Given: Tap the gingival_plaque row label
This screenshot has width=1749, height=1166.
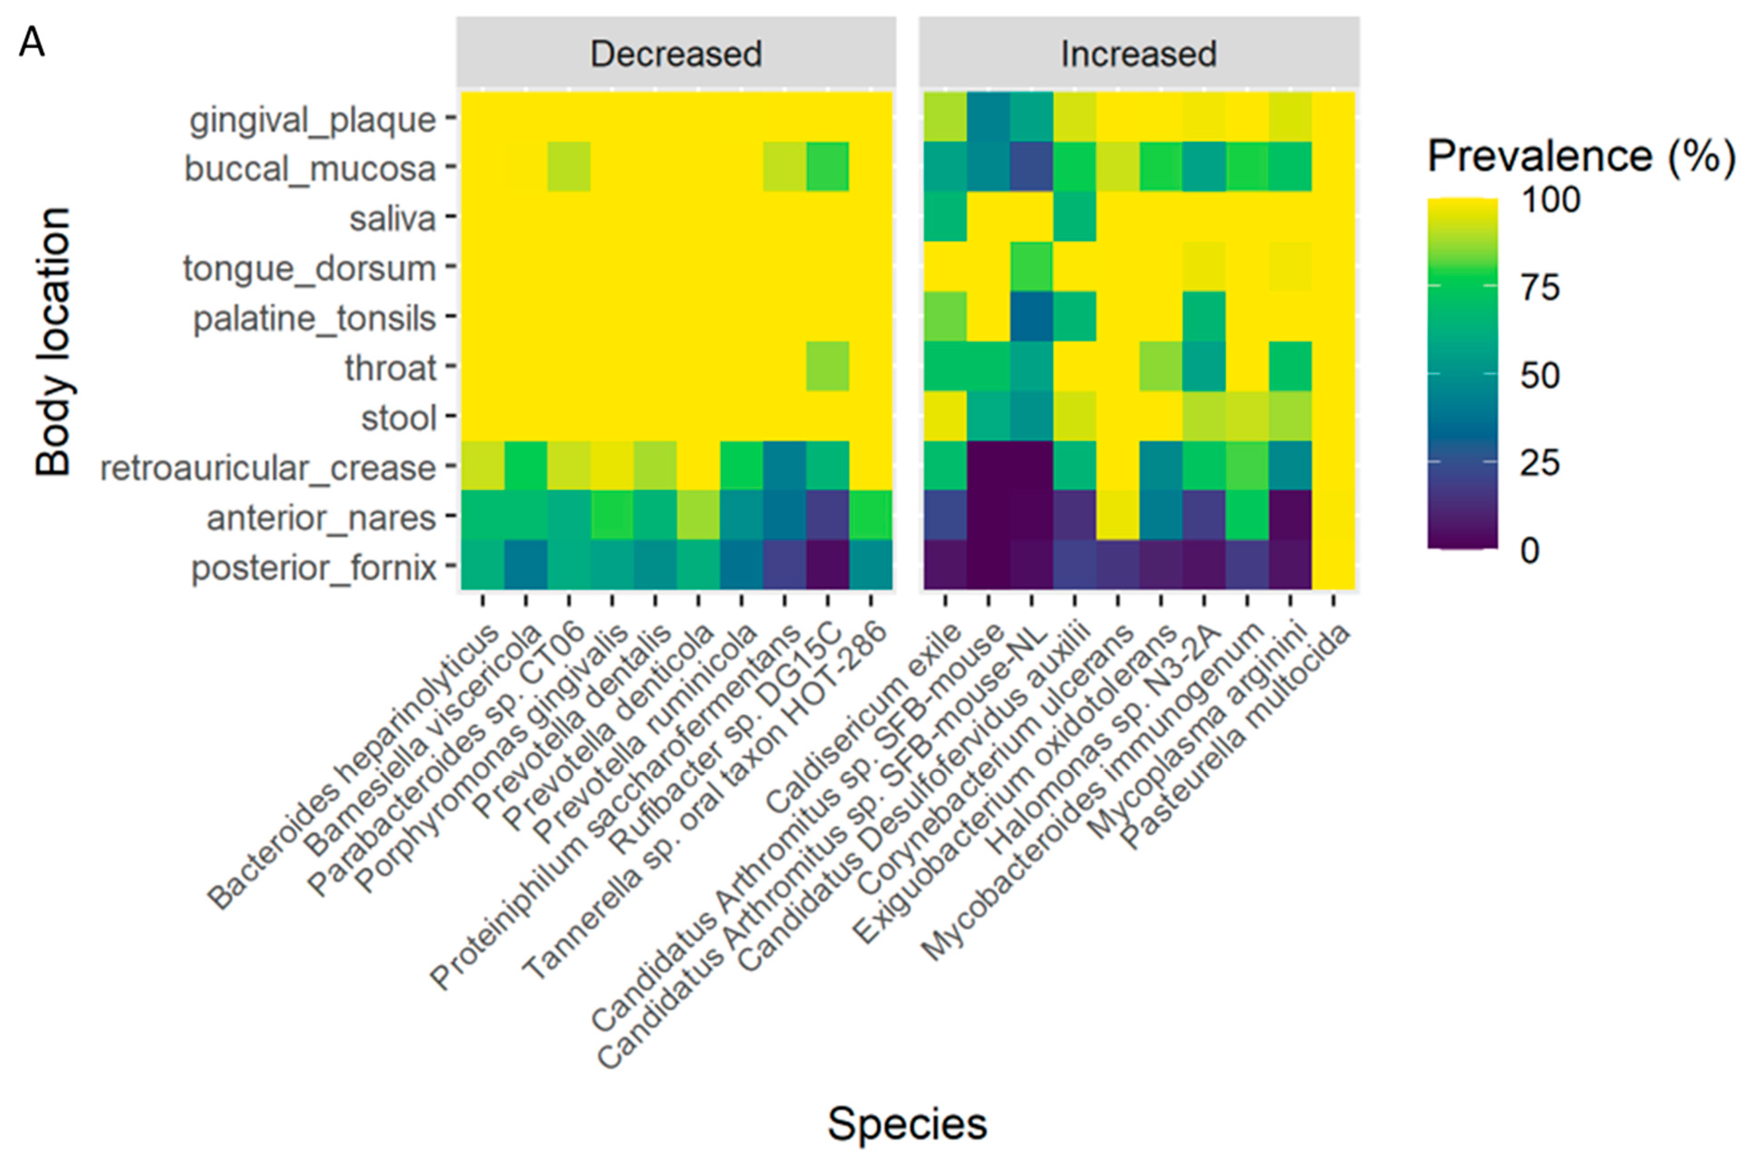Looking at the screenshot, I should click(312, 120).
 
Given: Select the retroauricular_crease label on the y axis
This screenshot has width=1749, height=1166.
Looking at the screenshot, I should click(268, 468).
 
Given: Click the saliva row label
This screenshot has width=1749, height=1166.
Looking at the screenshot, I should click(392, 219).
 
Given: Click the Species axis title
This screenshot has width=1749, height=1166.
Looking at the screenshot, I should click(907, 1123).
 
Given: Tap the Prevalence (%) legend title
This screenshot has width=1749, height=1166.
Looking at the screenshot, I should click(1581, 156).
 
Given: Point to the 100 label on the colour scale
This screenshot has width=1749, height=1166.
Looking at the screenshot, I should click(1550, 199).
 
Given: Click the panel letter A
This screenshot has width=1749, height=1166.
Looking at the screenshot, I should click(32, 43).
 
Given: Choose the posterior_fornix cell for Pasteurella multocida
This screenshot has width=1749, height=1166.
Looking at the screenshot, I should click(1333, 565).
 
